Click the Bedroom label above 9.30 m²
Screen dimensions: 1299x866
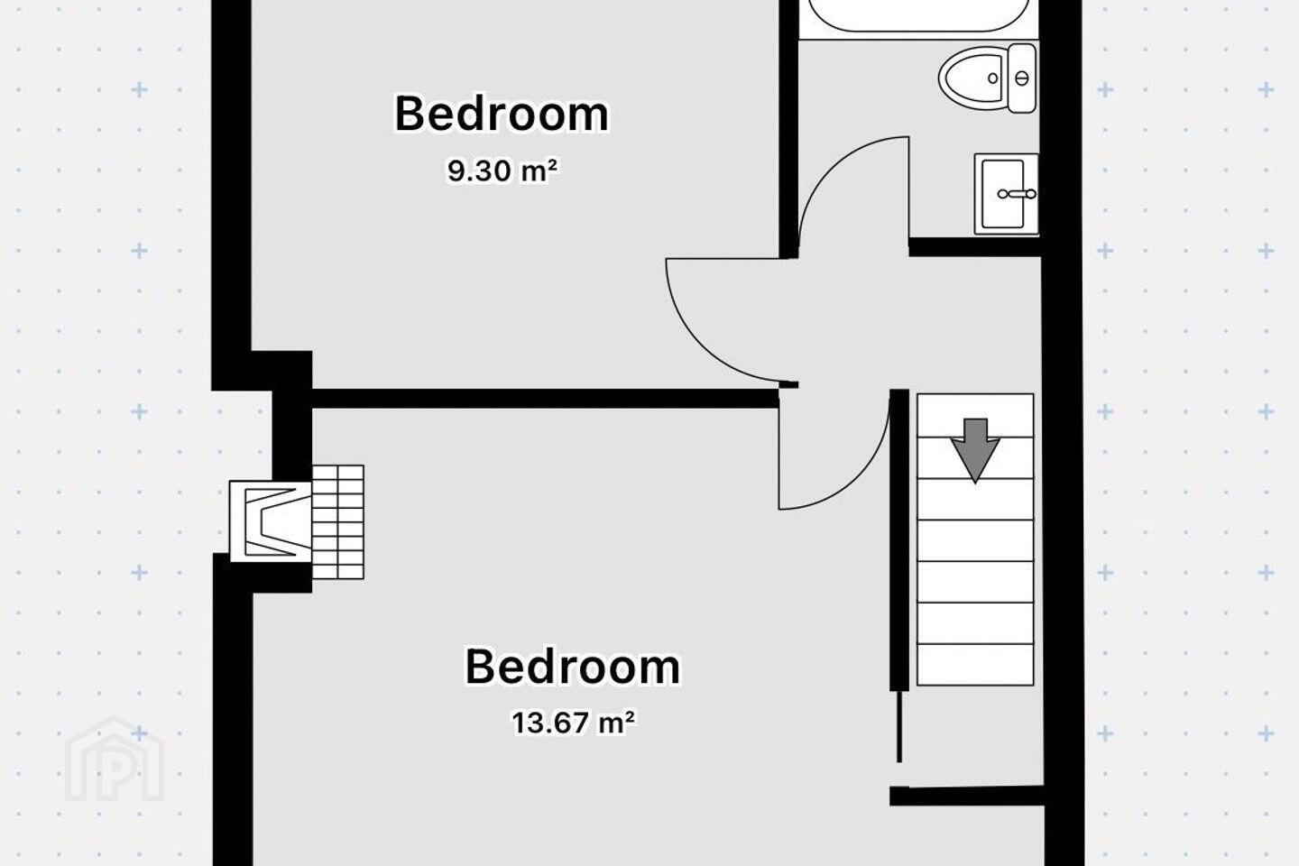[502, 114]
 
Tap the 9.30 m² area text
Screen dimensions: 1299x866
[502, 170]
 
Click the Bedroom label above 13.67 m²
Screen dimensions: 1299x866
[572, 667]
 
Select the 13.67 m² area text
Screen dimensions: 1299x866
[573, 723]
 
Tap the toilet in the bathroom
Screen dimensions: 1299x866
[987, 78]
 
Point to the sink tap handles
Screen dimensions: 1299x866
[1018, 194]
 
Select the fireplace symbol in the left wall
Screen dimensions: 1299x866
[271, 521]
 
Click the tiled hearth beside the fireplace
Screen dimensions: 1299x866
[338, 521]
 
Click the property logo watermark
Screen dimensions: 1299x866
[115, 759]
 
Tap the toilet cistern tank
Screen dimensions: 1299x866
[1022, 78]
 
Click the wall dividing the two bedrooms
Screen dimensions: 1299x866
[545, 399]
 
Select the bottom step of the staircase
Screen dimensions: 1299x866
[975, 665]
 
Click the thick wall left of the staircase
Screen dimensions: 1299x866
[898, 540]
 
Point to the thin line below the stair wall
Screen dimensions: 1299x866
[899, 727]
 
